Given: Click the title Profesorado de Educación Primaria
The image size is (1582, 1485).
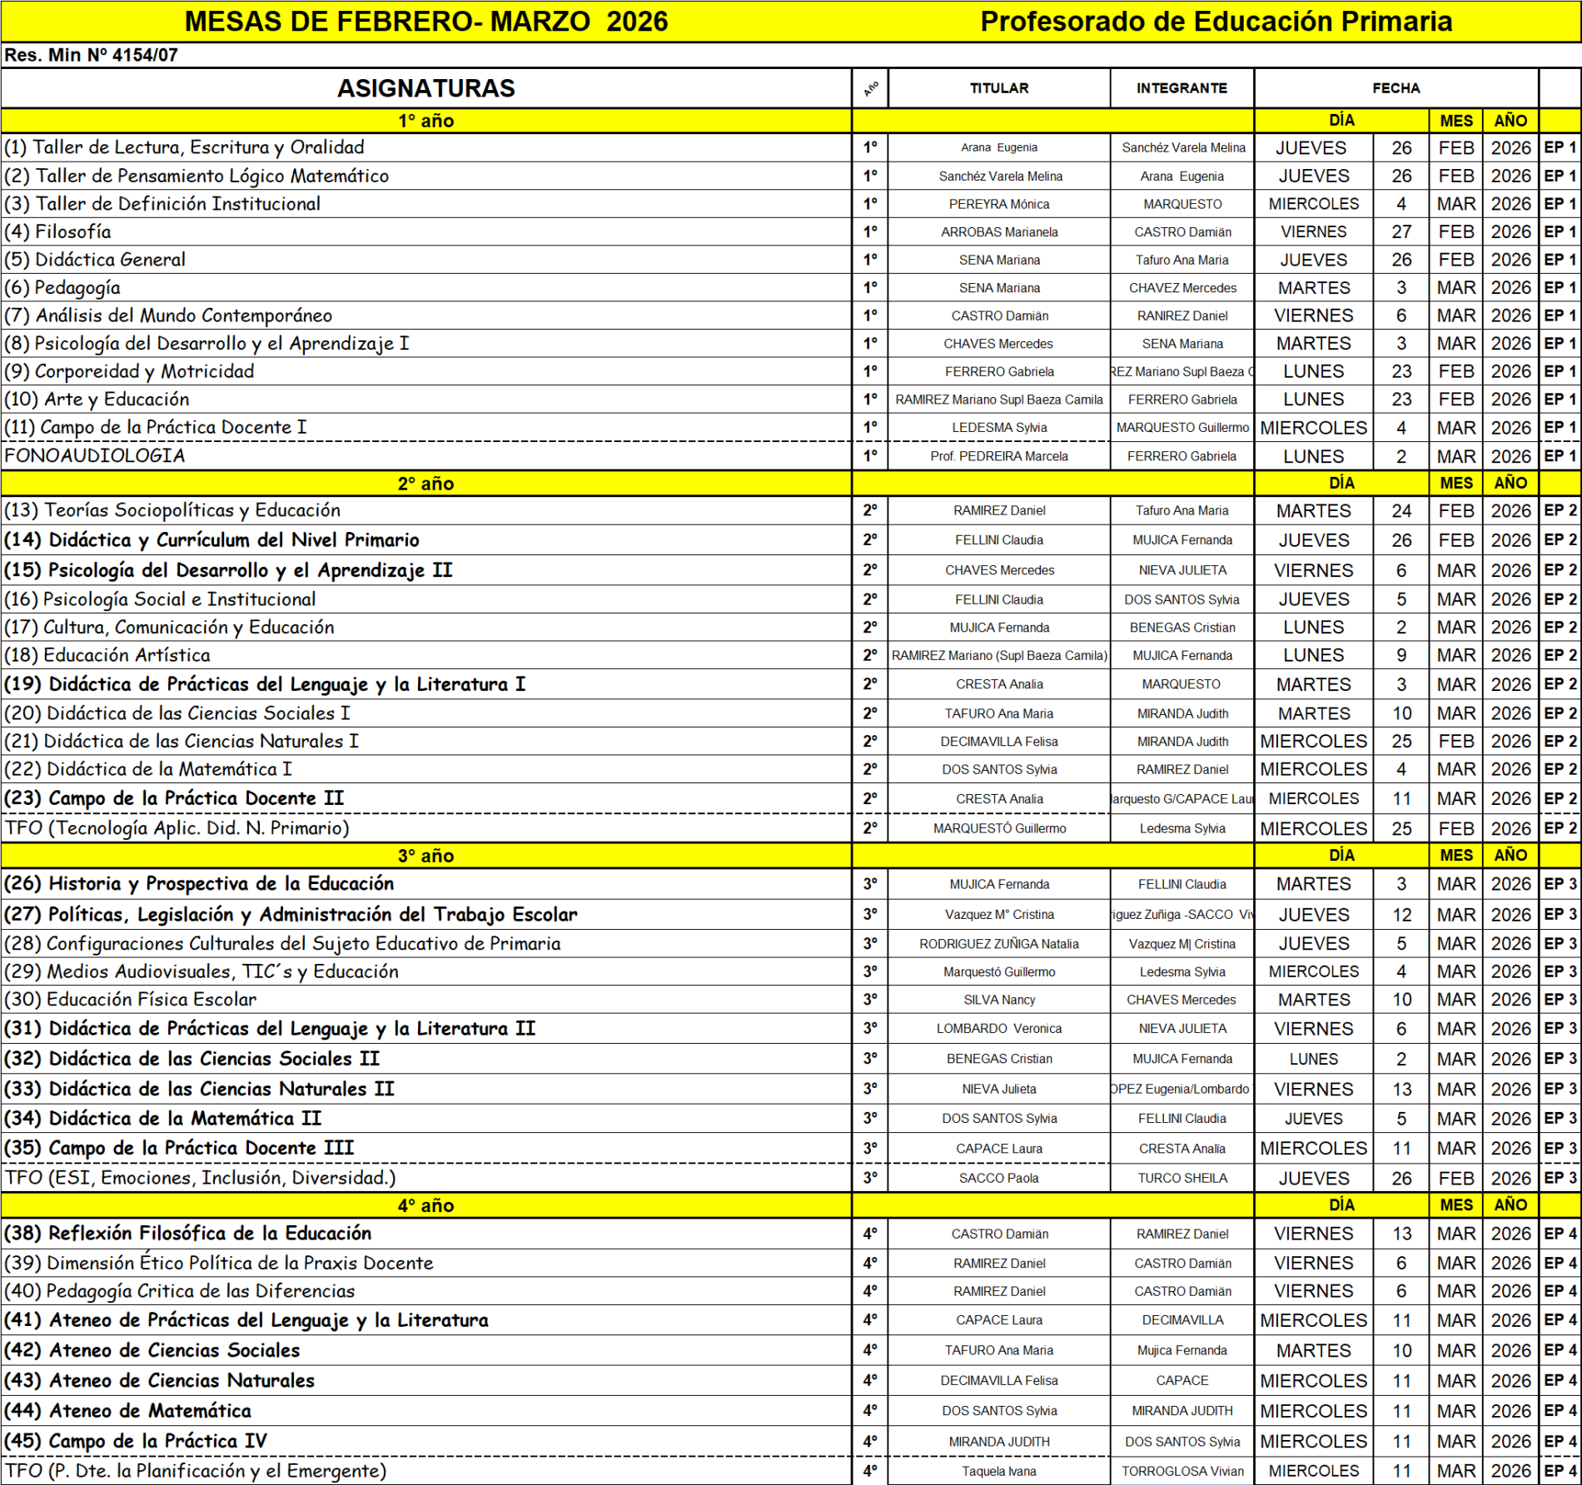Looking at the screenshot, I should (1216, 22).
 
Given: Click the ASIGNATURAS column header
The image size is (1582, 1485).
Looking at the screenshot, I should (425, 88).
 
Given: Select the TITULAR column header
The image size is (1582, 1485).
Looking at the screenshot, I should (998, 88).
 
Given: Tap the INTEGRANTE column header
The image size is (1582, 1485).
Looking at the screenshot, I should (1182, 88).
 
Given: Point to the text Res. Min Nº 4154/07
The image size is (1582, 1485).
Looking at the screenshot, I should (91, 56).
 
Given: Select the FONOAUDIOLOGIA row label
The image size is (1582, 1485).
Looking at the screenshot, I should (95, 456).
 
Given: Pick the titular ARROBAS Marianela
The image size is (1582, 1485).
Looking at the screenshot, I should (999, 232).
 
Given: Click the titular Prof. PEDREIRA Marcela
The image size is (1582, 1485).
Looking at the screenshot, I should (999, 456).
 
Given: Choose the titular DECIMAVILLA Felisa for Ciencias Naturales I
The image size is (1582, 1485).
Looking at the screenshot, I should (999, 742).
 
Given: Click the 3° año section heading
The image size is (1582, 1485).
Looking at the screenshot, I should (425, 856).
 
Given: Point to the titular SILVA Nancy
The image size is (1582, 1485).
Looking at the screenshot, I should (999, 1000).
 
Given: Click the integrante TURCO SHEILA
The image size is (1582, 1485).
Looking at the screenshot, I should (1182, 1179).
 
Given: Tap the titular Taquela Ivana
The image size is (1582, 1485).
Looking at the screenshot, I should (999, 1472).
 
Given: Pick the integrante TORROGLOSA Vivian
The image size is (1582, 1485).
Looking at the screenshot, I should (1182, 1472).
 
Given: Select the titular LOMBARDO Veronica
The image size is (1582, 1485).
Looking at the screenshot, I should (999, 1029).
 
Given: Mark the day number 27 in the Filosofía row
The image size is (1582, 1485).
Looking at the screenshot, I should (1401, 232).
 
